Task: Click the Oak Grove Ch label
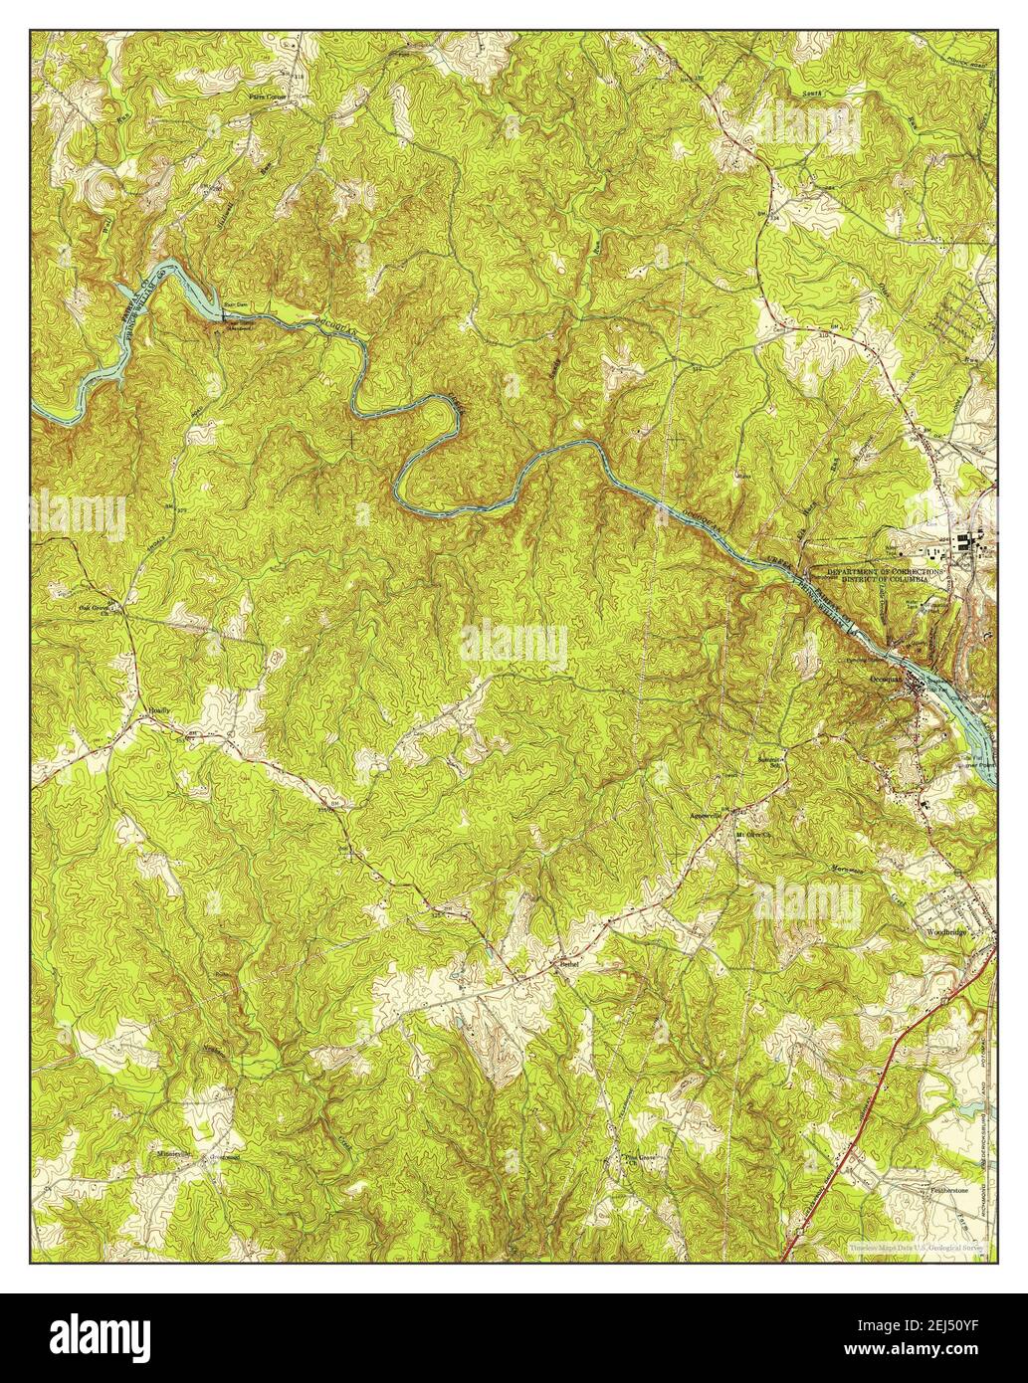coord(97,608)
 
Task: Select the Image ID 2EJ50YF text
coord(917,1329)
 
